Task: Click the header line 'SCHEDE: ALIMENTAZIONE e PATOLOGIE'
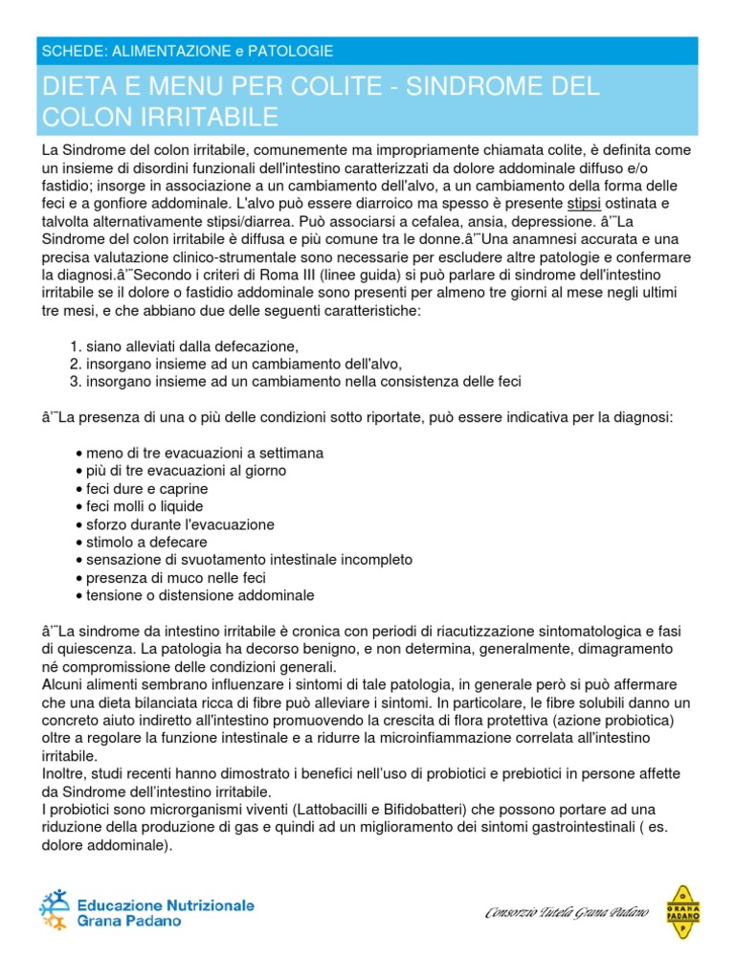click(x=187, y=50)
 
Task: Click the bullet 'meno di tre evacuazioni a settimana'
click(x=204, y=453)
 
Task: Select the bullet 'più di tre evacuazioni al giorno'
click(x=186, y=471)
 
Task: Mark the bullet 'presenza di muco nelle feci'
click(x=175, y=578)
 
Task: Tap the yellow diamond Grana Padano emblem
click(x=680, y=912)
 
